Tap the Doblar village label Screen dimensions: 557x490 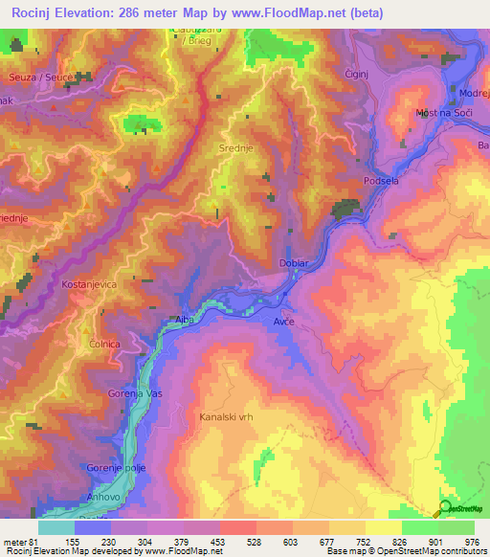(292, 262)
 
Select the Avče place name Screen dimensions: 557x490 (285, 323)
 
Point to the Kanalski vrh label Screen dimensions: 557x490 (226, 417)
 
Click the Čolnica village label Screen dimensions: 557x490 (103, 344)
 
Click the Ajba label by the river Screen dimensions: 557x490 (185, 321)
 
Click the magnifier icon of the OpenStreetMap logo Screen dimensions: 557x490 (444, 511)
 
